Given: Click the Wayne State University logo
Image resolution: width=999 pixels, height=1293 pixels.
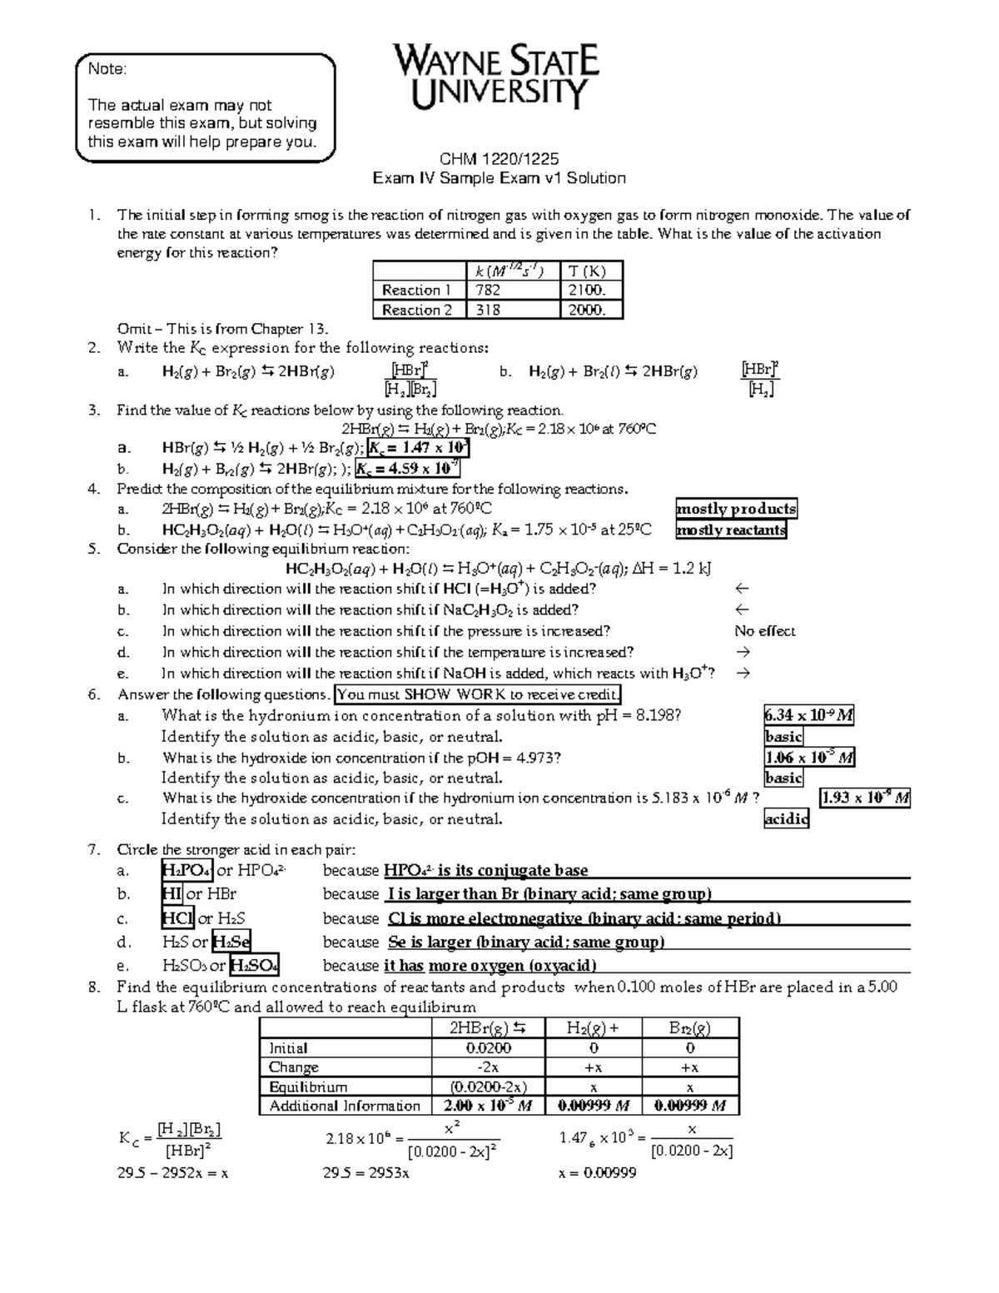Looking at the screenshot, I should [x=496, y=77].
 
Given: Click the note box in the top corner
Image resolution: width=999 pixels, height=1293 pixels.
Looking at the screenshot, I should [x=205, y=107].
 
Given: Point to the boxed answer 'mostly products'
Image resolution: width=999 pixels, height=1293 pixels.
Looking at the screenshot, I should [x=736, y=509].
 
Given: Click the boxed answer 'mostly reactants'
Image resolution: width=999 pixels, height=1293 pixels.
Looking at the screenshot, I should [x=731, y=530].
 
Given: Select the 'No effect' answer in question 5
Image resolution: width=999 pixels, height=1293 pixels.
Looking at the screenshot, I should [x=765, y=631].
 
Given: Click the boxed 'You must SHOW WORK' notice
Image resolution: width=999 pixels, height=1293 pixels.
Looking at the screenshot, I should [x=477, y=694].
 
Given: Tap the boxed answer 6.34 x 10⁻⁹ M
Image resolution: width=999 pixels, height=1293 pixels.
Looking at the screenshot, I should [x=808, y=715].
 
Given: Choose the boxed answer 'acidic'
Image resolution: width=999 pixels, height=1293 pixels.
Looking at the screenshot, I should [x=786, y=818].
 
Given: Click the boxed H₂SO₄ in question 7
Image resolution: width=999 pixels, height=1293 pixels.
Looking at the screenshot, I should [x=254, y=965].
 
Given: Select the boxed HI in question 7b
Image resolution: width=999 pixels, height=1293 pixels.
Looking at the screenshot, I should [x=172, y=894].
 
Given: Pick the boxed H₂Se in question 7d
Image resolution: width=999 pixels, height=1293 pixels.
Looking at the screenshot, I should [x=231, y=942].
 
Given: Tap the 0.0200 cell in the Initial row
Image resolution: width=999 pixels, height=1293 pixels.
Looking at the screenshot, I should [x=488, y=1048].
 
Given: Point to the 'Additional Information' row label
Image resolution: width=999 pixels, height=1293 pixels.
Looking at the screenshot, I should [x=345, y=1106].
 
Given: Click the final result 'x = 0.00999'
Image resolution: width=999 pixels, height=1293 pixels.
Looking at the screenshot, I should [x=598, y=1173].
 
